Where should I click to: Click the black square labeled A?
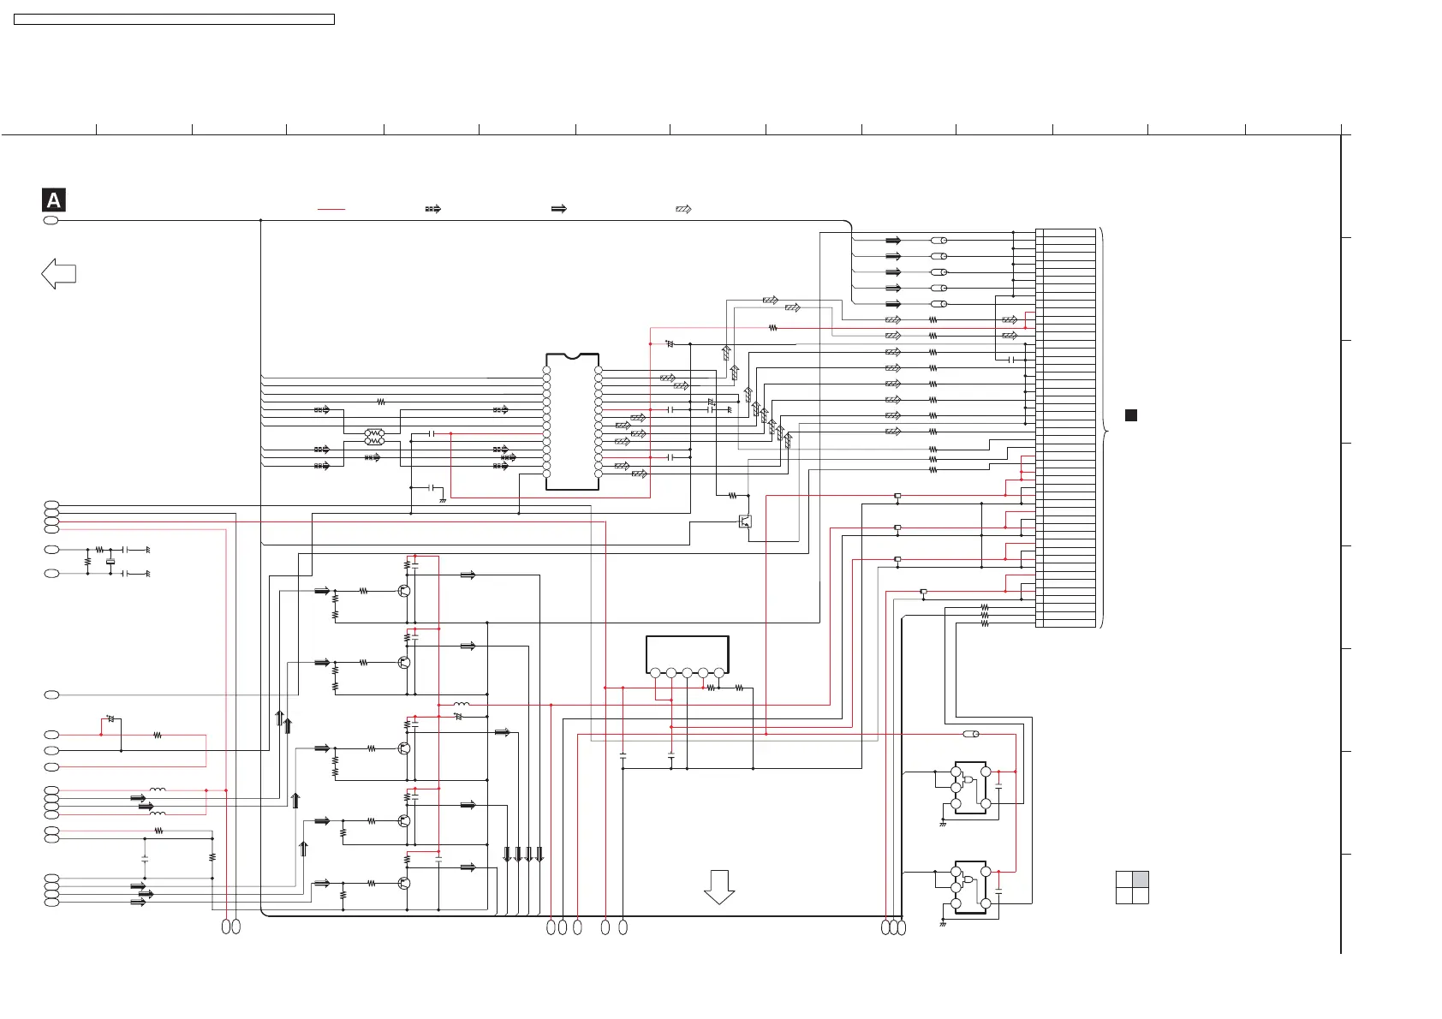coord(53,200)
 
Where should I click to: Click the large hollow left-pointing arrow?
coord(58,274)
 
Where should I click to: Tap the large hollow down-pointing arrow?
coord(719,887)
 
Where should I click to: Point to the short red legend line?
coord(331,208)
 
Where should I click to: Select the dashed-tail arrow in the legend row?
coord(433,208)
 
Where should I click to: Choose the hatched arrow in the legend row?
coord(683,208)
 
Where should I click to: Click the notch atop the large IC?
coord(572,355)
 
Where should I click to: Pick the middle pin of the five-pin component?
coord(687,673)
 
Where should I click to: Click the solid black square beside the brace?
coord(1130,415)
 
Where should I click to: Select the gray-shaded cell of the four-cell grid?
coord(1140,879)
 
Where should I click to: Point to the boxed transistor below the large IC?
coord(745,521)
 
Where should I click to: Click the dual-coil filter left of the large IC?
coord(375,437)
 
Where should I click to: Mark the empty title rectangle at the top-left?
coord(174,19)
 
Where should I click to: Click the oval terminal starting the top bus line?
coord(51,220)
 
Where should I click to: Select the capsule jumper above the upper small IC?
coord(971,734)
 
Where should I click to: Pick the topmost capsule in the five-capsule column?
coord(938,241)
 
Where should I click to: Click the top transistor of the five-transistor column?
coord(403,591)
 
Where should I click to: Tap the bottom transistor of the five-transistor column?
coord(403,883)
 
